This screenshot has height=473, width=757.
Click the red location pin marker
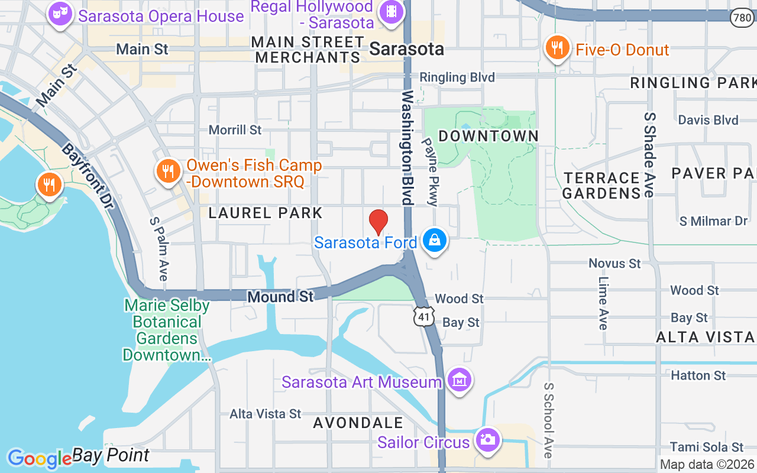pos(378,222)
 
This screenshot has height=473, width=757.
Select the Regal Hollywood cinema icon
pos(391,11)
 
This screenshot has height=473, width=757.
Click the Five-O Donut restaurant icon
pos(557,47)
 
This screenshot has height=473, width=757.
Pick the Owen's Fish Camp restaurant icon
pos(169,171)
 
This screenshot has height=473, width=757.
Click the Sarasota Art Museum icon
pos(459,380)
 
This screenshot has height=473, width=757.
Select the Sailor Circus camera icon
pos(487,440)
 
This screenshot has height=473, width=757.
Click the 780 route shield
pos(741,18)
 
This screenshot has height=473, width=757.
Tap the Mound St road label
pos(281,296)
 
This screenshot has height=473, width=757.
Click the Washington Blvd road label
pos(407,147)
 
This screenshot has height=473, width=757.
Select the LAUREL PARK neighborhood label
pos(266,213)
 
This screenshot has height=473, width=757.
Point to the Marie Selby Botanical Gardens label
pos(166,330)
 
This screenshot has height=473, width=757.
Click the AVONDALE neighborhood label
pos(358,423)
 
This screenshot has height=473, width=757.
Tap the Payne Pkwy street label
pos(430,171)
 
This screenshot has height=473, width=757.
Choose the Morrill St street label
pos(235,129)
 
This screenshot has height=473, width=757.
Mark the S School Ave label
pos(549,420)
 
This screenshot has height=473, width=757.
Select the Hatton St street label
pos(698,375)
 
